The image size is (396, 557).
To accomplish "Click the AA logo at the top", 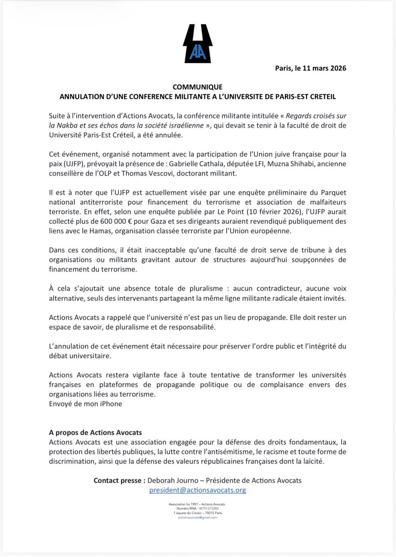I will pos(198,43).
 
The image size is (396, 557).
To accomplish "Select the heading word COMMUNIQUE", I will pos(198,87).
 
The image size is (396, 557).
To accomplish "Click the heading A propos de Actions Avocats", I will pos(95,432).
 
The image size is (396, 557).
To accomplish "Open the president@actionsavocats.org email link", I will pos(198,490).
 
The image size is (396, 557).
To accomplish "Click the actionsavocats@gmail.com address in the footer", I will pos(198,517).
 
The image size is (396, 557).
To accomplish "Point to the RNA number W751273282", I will pos(205,508).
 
